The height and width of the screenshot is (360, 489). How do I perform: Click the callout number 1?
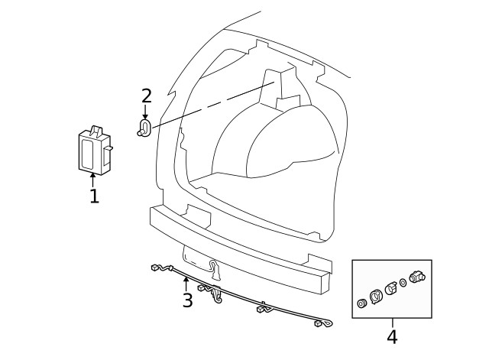tap(93, 196)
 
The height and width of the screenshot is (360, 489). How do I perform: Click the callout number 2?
tap(146, 96)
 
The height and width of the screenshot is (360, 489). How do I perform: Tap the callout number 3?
tap(187, 300)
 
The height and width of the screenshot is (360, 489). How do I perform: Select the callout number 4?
tap(392, 336)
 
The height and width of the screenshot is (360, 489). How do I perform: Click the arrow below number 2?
tap(145, 112)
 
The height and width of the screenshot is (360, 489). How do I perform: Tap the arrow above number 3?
tap(186, 284)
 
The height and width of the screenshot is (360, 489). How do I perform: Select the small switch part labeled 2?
tap(144, 128)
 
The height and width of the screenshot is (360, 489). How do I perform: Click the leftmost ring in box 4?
tap(362, 303)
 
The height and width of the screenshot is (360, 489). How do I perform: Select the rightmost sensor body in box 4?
tap(417, 277)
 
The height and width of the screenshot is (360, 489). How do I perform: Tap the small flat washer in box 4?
tap(403, 284)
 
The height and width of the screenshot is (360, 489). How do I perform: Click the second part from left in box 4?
tap(375, 296)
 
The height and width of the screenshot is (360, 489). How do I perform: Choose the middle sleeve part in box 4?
tap(390, 288)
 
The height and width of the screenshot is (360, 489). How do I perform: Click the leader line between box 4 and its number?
tap(392, 323)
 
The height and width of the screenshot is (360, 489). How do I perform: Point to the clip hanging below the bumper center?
tap(216, 268)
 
